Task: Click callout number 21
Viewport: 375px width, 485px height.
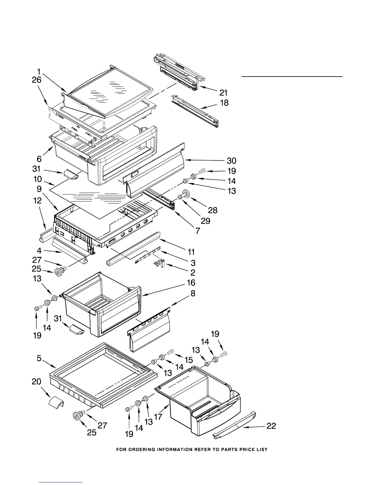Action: [x=223, y=92]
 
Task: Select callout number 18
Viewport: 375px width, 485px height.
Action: [x=224, y=103]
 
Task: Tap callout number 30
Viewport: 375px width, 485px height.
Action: [x=231, y=161]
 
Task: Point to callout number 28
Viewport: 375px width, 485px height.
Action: [x=213, y=210]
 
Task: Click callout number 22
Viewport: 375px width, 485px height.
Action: [x=271, y=426]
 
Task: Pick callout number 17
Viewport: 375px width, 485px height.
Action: [x=158, y=417]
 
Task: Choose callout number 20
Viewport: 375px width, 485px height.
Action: [x=36, y=382]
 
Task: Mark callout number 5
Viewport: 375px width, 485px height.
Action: [x=39, y=358]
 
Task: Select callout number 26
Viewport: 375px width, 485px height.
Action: [x=36, y=80]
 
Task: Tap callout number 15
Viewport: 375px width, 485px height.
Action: [x=188, y=360]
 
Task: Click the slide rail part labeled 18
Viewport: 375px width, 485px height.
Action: [x=196, y=111]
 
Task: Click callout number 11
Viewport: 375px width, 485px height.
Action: [x=191, y=252]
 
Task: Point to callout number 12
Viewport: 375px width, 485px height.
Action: [x=37, y=201]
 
